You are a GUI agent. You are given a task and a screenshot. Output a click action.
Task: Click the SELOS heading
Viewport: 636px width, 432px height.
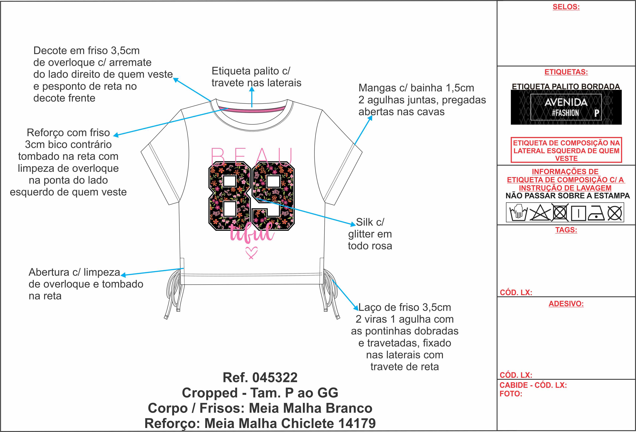566,7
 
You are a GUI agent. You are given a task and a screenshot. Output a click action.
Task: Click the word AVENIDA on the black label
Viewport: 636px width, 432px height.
566,102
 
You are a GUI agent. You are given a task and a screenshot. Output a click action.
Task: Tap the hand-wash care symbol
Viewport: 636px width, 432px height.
518,212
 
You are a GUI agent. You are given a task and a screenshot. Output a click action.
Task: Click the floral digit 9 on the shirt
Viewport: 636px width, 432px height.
273,196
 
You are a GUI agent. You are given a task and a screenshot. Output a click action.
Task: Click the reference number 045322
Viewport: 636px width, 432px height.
275,378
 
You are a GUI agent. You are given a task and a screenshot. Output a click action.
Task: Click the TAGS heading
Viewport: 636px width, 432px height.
566,230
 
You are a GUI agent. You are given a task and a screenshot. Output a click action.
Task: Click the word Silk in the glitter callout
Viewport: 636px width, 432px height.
364,222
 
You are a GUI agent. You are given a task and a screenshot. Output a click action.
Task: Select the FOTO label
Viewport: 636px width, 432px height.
511,394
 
